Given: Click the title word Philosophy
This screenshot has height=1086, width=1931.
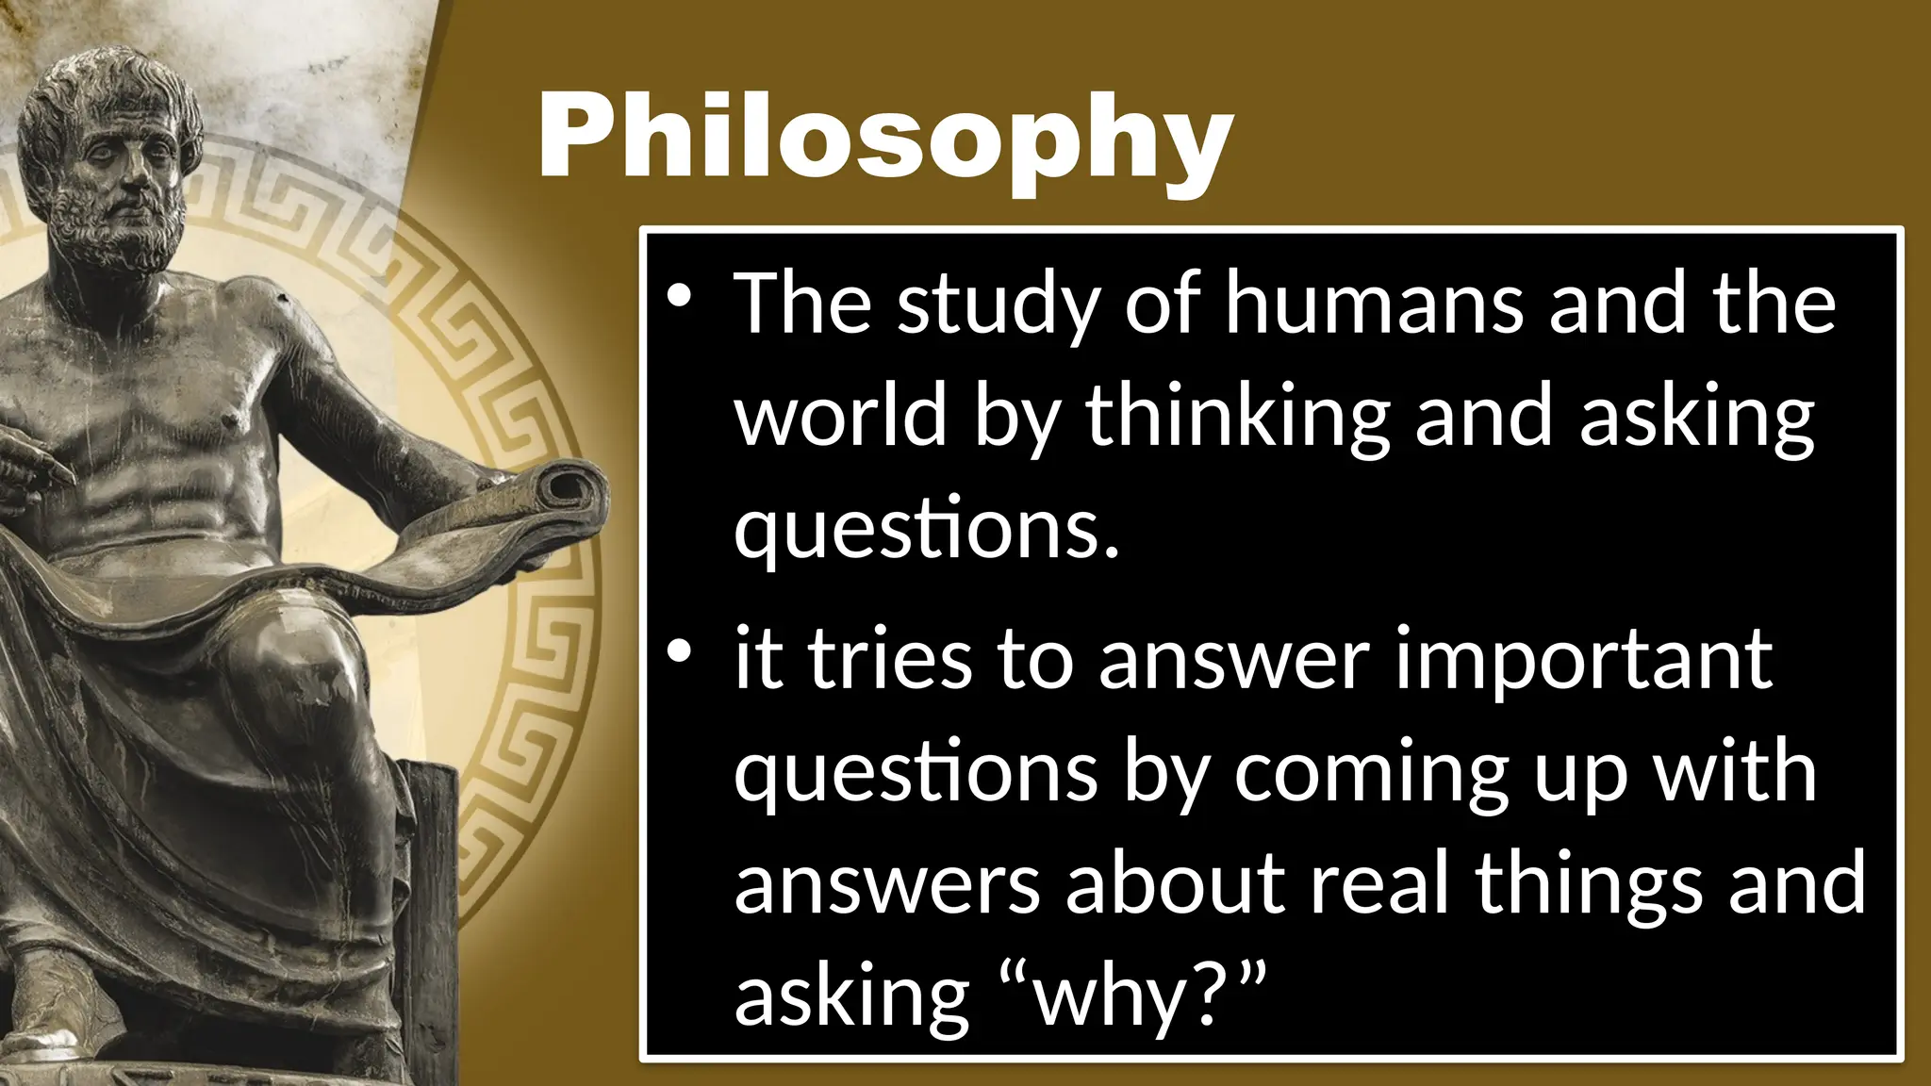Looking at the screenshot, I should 884,140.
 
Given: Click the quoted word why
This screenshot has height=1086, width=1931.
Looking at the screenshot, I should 1108,997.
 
